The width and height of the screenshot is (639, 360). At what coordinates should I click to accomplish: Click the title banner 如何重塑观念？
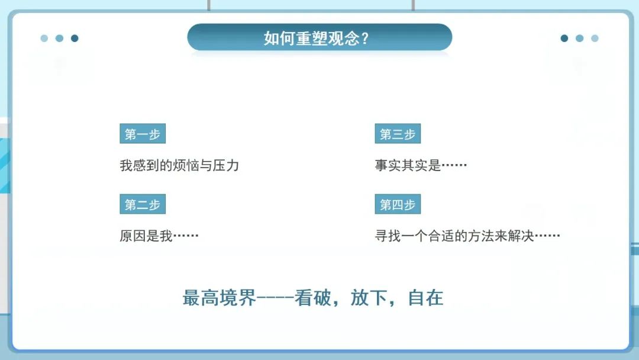(319, 38)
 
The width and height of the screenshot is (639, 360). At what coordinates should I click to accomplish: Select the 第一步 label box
(142, 134)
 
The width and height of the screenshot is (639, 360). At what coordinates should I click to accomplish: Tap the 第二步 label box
(142, 204)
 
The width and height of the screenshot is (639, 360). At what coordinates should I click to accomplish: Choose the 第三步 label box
(398, 134)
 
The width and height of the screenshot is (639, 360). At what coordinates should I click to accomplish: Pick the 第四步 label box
(398, 204)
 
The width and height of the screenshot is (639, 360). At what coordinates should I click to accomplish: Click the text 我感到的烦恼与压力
(179, 165)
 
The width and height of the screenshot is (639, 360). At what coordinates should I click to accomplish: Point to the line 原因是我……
(159, 236)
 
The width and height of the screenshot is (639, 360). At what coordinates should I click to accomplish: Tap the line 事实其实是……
(421, 165)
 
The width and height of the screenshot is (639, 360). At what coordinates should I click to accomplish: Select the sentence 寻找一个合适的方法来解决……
(467, 236)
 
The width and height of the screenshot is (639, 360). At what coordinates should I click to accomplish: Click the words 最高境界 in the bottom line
(219, 298)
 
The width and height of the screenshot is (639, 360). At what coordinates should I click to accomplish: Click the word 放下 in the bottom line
(368, 298)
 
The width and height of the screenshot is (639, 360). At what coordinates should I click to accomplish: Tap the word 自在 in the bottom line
(425, 298)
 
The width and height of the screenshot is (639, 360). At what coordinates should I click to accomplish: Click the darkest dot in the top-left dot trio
(75, 38)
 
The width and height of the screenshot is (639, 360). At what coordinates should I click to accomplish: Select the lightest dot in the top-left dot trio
(44, 38)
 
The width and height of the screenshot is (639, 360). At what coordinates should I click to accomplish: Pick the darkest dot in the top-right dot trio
(564, 38)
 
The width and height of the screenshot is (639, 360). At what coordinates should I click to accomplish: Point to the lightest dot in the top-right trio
(595, 38)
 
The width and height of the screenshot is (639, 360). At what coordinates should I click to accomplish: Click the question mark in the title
(365, 38)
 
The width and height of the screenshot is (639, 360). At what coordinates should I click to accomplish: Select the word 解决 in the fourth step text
(521, 236)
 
